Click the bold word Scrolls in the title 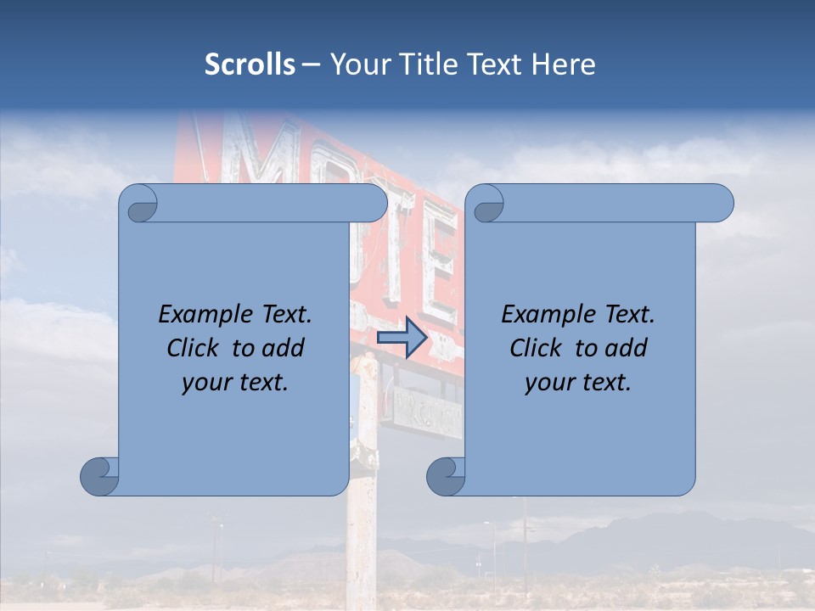point(250,64)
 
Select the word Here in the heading point(563,64)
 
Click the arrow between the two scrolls point(402,338)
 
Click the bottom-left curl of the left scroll point(100,476)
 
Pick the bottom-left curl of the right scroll point(446,476)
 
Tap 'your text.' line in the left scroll point(235,383)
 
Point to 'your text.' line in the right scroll point(578,383)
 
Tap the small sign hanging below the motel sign point(427,412)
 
